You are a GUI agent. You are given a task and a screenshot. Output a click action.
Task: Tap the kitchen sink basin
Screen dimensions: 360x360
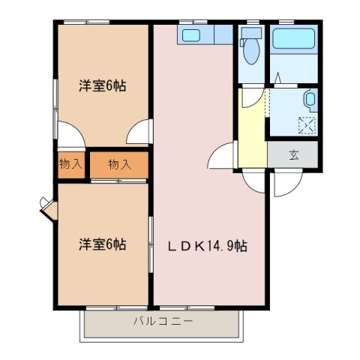tap(191, 35)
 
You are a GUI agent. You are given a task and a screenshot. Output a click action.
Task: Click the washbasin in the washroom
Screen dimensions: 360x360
tap(310, 100)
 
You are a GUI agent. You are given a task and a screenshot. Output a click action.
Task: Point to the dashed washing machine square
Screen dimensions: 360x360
tap(307, 125)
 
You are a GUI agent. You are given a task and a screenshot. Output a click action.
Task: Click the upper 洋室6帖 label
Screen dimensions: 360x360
tap(103, 85)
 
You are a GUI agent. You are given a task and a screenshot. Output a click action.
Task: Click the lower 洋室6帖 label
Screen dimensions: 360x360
tap(103, 244)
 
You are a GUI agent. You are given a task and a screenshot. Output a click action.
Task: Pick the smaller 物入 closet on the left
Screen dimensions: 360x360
tap(71, 164)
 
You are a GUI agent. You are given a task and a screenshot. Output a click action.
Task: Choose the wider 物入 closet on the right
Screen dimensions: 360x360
tap(119, 164)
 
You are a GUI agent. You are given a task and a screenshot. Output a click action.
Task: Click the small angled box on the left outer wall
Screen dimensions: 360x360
tap(46, 206)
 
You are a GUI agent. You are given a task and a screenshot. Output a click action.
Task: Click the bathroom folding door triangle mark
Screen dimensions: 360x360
tap(276, 77)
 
